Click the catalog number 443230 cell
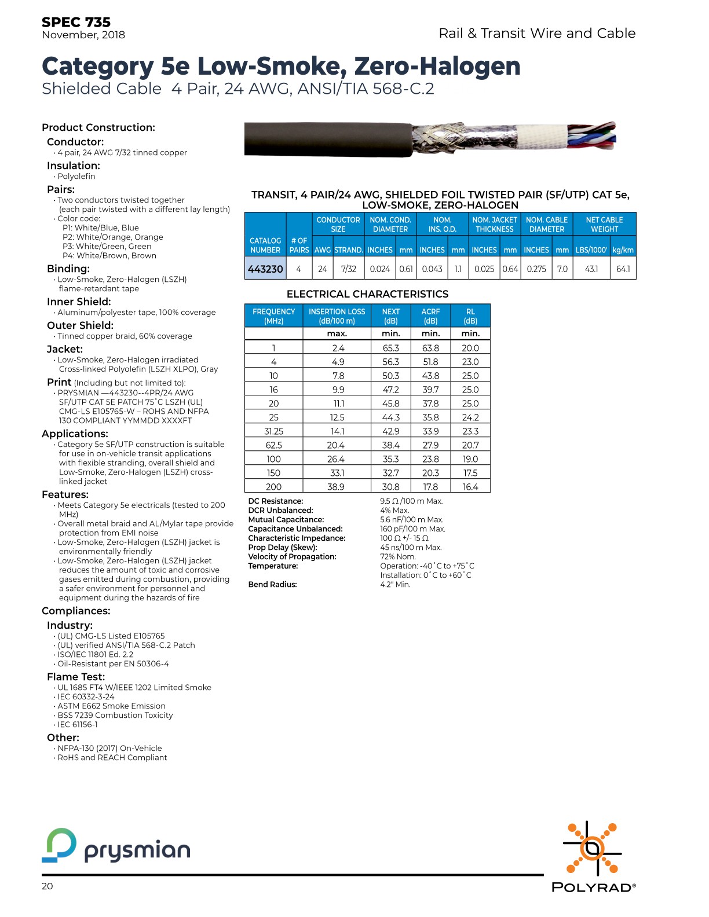click(265, 269)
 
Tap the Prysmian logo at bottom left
click(116, 846)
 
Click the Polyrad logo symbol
click(592, 849)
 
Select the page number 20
click(47, 886)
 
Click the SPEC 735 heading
click(76, 22)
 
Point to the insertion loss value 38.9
click(336, 487)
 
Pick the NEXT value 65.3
click(391, 348)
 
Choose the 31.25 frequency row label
click(273, 431)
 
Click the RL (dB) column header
click(470, 316)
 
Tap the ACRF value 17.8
click(430, 487)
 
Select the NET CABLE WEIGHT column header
click(604, 225)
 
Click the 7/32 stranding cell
click(349, 269)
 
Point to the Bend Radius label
click(272, 585)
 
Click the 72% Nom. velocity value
click(398, 557)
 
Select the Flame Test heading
click(76, 677)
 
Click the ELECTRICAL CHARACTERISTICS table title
click(367, 294)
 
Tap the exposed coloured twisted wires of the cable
click(591, 137)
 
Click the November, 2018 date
click(83, 35)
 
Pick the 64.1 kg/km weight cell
click(623, 269)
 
